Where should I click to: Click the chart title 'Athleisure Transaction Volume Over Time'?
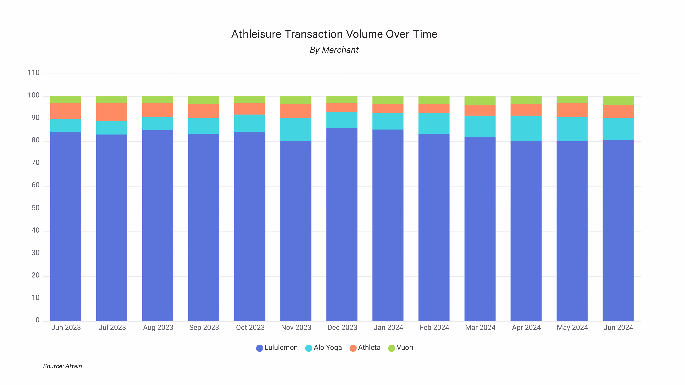coord(334,34)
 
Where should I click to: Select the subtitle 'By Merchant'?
coord(334,50)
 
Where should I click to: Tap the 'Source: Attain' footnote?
coord(62,366)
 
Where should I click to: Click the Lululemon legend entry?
coord(277,348)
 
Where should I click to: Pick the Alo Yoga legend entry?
coord(324,348)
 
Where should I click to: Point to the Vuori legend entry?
coord(401,348)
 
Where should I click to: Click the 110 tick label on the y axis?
coord(34,73)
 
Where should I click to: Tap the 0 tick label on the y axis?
coord(37,320)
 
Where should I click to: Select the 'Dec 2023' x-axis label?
coord(342,327)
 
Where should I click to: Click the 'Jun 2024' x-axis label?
coord(618,327)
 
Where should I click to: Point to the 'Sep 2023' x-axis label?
coord(204,327)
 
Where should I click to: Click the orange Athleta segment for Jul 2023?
coord(112,112)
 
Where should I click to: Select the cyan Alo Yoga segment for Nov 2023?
coord(296,129)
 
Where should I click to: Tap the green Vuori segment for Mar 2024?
coord(480,101)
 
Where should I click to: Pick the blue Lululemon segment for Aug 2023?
coord(158,226)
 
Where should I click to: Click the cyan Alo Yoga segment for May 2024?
coord(572,129)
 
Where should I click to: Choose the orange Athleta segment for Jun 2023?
coord(66,111)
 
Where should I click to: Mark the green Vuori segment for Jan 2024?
coord(388,100)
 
